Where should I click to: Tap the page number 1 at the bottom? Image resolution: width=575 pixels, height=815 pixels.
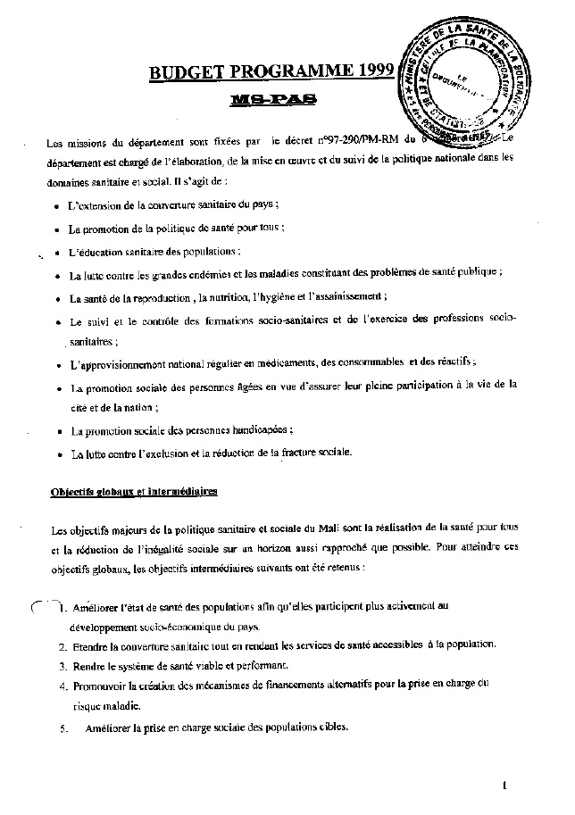point(504,786)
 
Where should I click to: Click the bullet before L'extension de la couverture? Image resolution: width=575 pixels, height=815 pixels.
point(55,205)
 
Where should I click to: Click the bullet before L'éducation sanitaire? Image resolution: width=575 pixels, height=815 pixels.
point(55,252)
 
